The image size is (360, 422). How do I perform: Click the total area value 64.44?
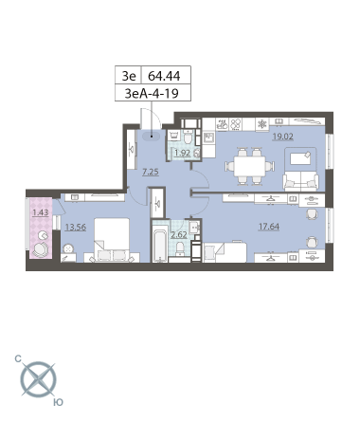[164, 76]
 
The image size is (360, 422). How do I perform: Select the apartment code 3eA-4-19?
[152, 93]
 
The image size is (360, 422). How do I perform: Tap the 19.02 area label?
[283, 137]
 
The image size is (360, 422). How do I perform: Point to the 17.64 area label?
[269, 227]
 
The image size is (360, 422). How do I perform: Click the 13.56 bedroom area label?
[75, 227]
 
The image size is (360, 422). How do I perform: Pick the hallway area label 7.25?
[151, 172]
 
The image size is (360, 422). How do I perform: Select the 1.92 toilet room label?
[183, 153]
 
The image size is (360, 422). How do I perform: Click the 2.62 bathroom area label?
[179, 235]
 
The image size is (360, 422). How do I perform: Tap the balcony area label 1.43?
[41, 212]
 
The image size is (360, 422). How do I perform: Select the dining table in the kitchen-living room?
[250, 167]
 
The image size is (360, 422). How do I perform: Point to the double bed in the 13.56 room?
[112, 240]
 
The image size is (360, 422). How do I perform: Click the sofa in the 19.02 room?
[300, 181]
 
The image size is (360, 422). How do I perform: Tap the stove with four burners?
[235, 124]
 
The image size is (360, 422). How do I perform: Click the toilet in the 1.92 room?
[189, 138]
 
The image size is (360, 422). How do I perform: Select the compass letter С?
[18, 358]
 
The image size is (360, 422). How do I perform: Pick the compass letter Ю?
[58, 402]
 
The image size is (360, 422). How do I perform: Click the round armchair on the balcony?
[41, 249]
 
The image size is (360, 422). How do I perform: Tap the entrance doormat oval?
[152, 137]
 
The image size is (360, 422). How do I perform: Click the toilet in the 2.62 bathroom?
[180, 248]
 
